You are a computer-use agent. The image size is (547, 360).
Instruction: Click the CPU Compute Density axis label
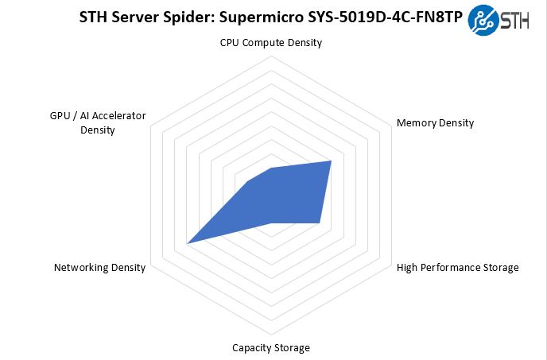tap(271, 43)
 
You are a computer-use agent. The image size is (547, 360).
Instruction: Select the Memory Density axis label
tap(435, 123)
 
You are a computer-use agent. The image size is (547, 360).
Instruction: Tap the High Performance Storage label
tap(457, 267)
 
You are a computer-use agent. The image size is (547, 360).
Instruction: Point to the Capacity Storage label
tap(271, 347)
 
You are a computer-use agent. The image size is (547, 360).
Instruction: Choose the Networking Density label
tap(99, 267)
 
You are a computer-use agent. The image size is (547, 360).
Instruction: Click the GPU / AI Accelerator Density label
tap(98, 122)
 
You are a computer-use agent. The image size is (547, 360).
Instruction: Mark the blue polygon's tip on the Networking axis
tap(187, 242)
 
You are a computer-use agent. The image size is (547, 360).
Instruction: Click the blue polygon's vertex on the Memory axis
tap(331, 161)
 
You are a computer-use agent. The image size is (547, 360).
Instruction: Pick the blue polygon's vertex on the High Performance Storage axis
tap(320, 223)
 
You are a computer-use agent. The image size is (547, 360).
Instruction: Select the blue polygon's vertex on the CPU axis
tap(271, 168)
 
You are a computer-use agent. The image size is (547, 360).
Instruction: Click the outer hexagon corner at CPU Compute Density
tap(271, 57)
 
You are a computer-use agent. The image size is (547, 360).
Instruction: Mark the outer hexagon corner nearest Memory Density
tap(390, 126)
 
